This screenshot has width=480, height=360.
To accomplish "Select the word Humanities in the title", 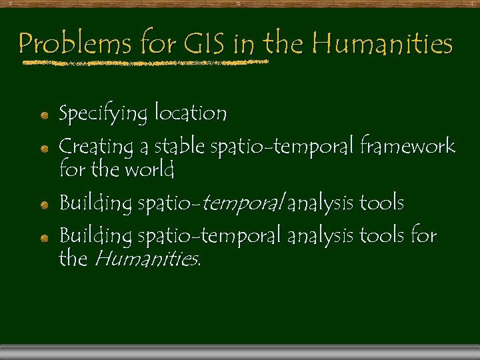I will coord(382,44).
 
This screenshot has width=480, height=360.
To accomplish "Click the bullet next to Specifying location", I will coord(43,115).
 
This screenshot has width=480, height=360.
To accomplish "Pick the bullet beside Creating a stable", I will coord(43,147).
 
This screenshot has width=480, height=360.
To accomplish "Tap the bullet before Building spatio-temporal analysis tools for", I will coord(43,237).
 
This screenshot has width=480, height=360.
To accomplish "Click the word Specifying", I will coord(103,114).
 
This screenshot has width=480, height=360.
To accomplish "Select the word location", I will coord(191,113).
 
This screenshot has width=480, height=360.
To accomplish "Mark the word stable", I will coord(179,146).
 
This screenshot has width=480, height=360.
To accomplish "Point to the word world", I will coord(147,169).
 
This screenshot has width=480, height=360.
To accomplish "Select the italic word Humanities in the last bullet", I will coord(146,258).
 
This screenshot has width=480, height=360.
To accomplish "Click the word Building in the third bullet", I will coord(95,203).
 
